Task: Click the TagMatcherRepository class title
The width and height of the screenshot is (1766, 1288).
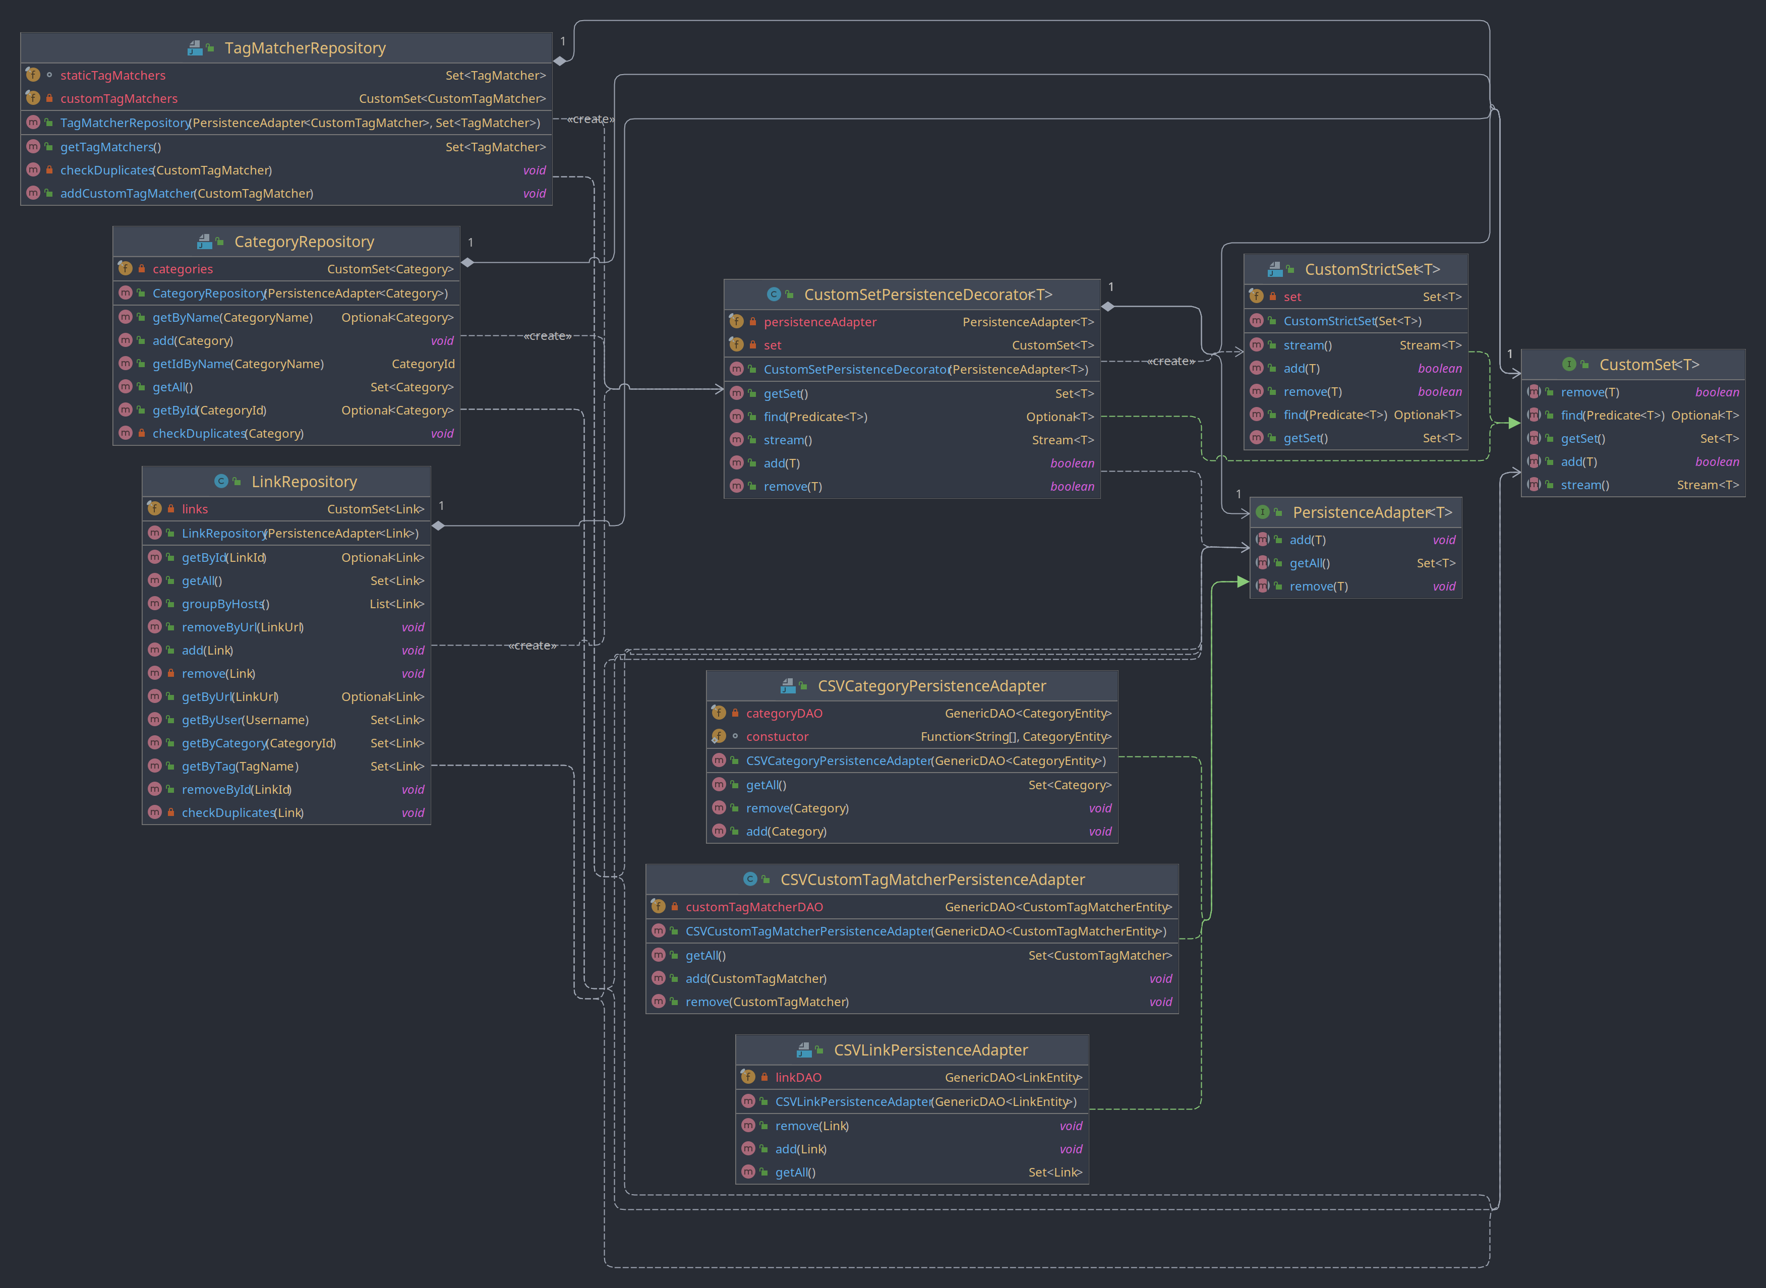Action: pos(305,48)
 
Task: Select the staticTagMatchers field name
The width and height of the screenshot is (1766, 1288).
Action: pos(113,76)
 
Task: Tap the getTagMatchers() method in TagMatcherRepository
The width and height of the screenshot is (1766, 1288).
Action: pos(111,147)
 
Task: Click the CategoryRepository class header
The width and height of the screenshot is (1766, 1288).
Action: pos(304,242)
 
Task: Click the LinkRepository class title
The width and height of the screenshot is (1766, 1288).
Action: pos(304,482)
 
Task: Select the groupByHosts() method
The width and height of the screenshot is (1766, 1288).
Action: pos(225,604)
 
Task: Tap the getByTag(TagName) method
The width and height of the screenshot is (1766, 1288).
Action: pos(240,767)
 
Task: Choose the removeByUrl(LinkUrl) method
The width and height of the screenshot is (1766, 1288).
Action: pos(243,628)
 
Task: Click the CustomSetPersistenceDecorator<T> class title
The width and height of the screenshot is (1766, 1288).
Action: pos(928,295)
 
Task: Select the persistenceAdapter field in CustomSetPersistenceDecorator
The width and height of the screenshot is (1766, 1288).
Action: pos(820,322)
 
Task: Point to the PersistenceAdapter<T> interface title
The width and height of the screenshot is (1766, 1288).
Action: pos(1372,512)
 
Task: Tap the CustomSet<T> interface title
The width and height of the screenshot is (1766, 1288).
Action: pos(1649,365)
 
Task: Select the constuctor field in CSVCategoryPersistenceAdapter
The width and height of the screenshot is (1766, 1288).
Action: pos(777,737)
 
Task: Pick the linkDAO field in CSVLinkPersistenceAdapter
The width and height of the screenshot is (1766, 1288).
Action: pos(798,1078)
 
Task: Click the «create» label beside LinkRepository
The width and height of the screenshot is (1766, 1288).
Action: pos(533,646)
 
